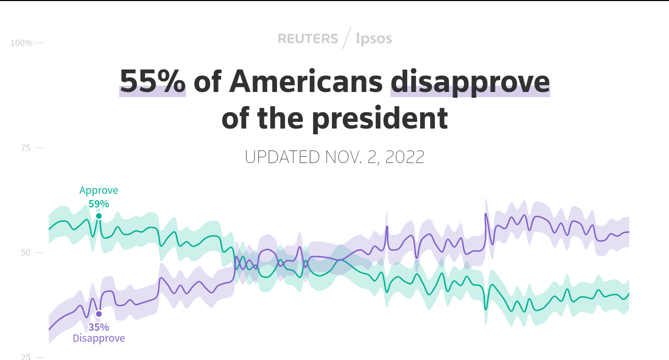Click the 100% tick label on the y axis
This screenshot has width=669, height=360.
tap(21, 43)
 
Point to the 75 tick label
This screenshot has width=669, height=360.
tap(26, 148)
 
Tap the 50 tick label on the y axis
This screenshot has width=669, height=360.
tap(26, 253)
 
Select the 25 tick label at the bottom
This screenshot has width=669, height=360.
tap(26, 357)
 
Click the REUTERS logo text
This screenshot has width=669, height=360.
tap(308, 39)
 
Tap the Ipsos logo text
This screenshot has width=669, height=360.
tap(374, 39)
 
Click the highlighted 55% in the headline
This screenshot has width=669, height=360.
tap(153, 82)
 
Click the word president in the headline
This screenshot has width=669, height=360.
tap(380, 119)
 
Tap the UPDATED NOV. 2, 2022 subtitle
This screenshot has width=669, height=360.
tap(334, 157)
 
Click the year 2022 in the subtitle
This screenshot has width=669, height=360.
tap(405, 157)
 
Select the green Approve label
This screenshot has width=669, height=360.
tap(99, 190)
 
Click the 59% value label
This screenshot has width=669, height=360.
tap(99, 204)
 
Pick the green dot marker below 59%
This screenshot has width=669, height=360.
tap(99, 216)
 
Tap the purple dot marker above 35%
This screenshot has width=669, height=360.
tap(99, 314)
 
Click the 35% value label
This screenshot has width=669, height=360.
tap(99, 327)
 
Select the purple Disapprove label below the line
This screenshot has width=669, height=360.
tap(99, 338)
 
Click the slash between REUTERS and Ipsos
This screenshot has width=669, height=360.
tap(347, 39)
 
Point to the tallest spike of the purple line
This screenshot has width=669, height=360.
tap(486, 214)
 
